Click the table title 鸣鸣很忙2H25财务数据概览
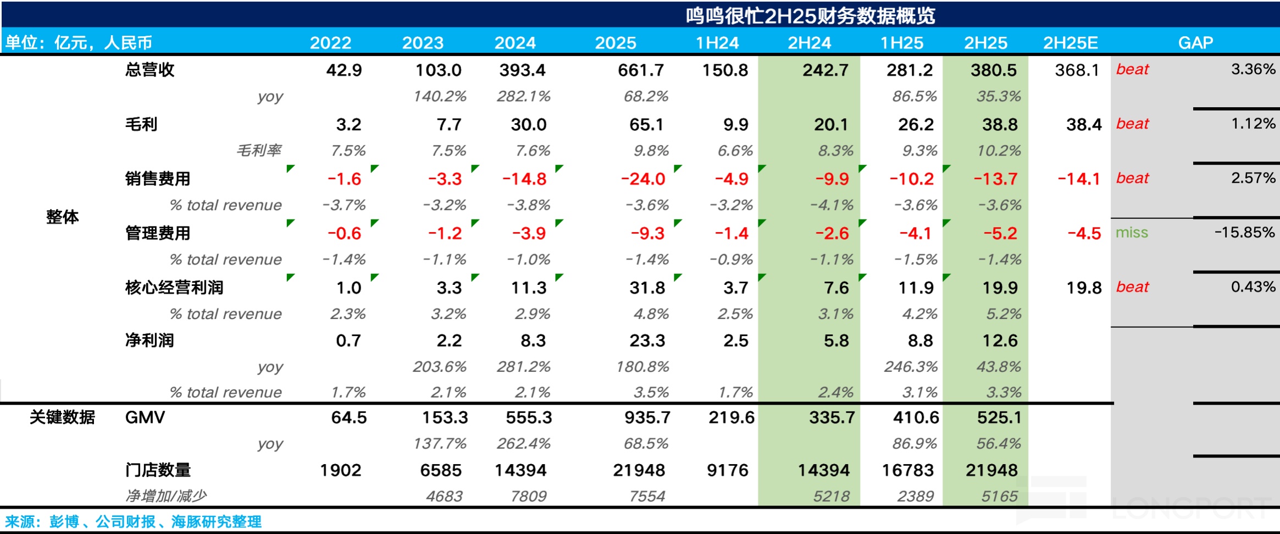click(x=810, y=16)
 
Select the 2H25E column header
click(x=1070, y=42)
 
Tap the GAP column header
click(x=1195, y=42)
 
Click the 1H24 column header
click(x=717, y=42)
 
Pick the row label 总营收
click(x=149, y=70)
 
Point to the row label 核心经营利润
click(x=174, y=288)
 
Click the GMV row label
click(x=145, y=417)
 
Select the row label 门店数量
click(x=158, y=470)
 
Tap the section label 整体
click(x=62, y=217)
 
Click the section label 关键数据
click(x=62, y=417)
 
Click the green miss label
click(x=1132, y=233)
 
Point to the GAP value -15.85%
click(x=1244, y=233)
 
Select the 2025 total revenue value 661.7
click(x=640, y=70)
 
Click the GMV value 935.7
click(x=647, y=417)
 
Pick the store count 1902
click(x=341, y=470)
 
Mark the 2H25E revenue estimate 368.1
click(x=1077, y=70)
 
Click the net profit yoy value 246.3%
click(x=910, y=367)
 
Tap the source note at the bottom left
click(x=134, y=521)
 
